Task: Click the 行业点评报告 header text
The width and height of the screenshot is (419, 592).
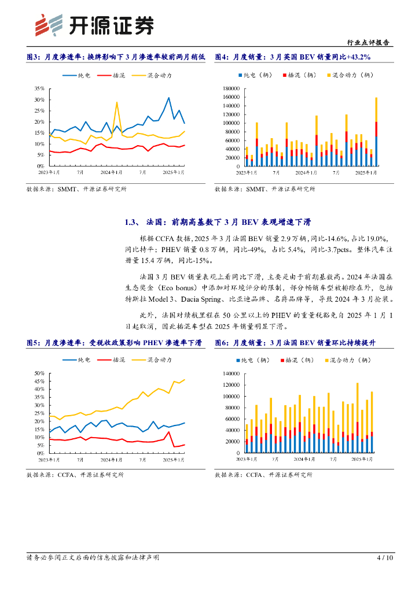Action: (370, 42)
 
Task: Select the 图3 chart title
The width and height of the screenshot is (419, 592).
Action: (116, 57)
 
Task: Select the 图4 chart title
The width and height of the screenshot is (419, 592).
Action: (292, 57)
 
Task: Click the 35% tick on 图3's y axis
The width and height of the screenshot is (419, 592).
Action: (39, 88)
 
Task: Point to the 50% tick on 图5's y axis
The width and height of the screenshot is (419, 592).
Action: (39, 373)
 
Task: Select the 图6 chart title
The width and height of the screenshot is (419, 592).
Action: (287, 343)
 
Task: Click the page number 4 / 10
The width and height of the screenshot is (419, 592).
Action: (385, 558)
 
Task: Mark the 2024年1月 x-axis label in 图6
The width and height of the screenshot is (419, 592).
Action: (305, 458)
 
